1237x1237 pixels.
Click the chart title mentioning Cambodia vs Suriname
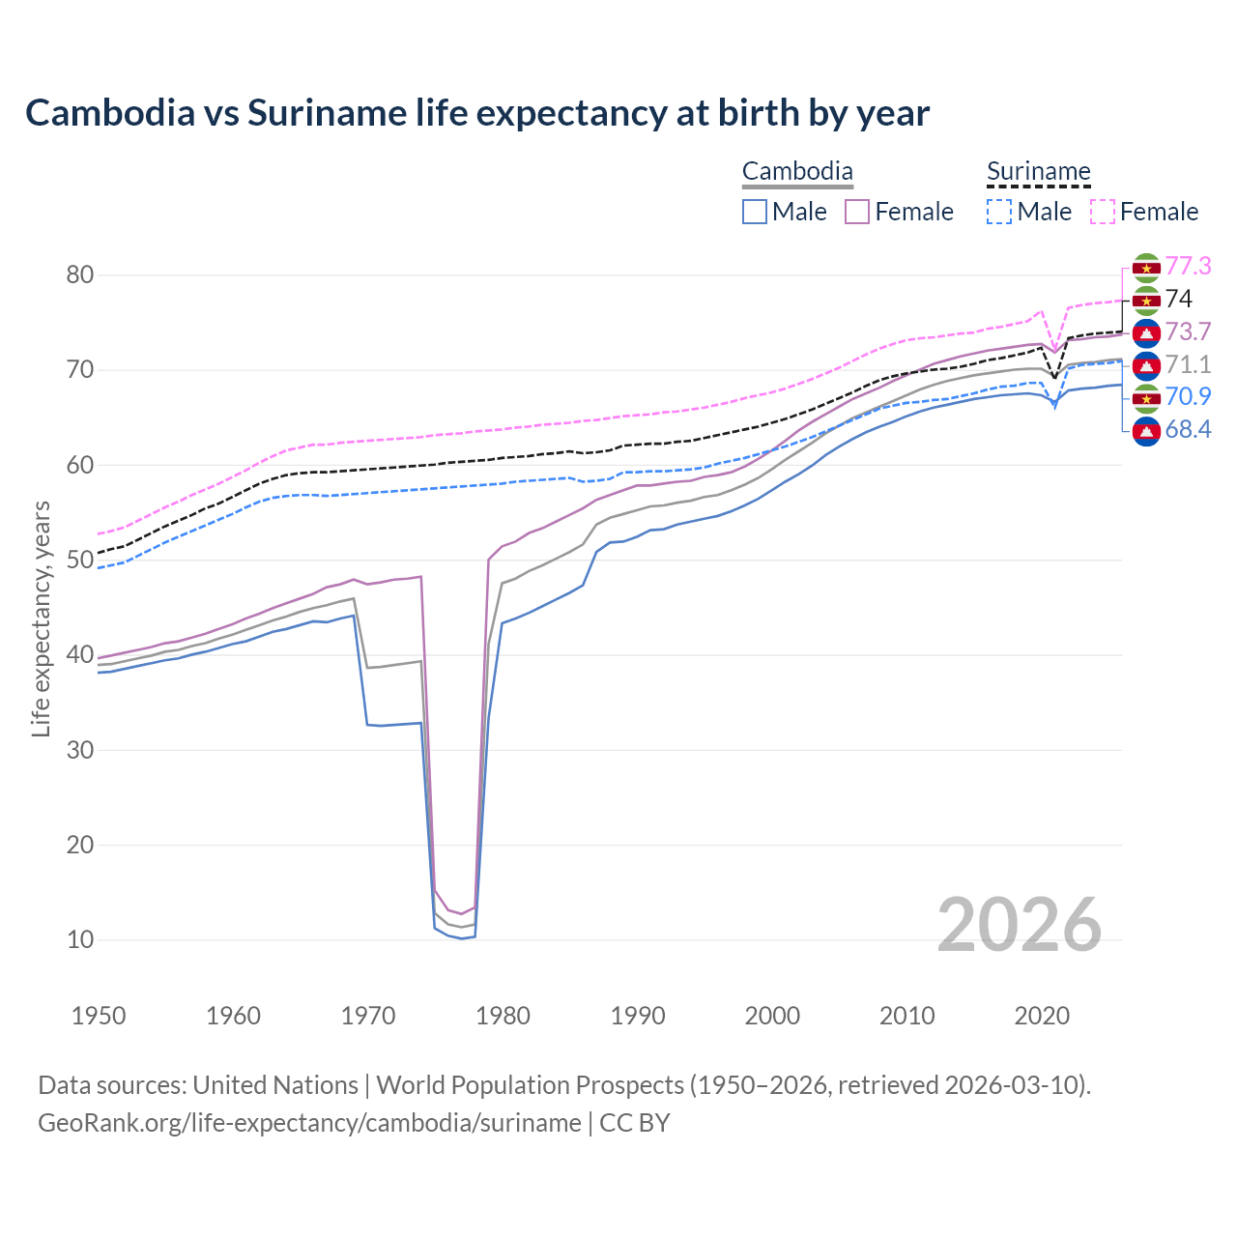[477, 113]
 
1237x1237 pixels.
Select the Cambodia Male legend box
[755, 212]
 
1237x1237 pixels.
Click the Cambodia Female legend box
[857, 212]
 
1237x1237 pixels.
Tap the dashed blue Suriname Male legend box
[999, 212]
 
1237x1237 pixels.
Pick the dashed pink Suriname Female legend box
[1103, 212]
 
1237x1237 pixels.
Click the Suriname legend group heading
[1038, 172]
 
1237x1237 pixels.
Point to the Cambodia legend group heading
[797, 172]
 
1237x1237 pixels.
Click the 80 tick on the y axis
[80, 275]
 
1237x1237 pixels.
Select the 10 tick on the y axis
[80, 939]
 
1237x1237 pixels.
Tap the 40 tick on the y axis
[80, 655]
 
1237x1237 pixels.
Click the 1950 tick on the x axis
[99, 1016]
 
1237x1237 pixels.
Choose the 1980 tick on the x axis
[503, 1016]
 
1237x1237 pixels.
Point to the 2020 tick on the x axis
[1041, 1016]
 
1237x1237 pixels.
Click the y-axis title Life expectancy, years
[41, 618]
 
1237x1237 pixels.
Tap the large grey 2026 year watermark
[1019, 925]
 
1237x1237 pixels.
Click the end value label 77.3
[1188, 267]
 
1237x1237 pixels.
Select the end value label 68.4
[1188, 430]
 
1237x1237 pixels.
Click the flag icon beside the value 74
[1146, 301]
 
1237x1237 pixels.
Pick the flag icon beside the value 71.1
[1146, 365]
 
